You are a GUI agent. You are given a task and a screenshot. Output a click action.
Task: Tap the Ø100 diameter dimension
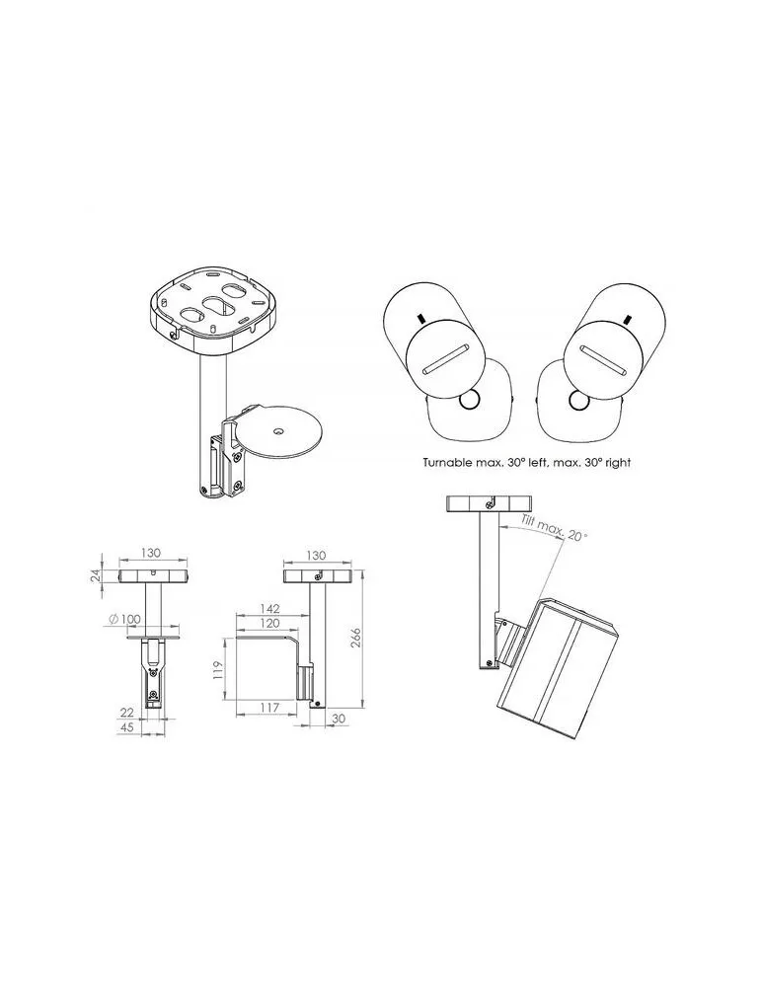tap(124, 619)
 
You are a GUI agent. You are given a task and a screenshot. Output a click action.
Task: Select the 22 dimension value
tap(127, 712)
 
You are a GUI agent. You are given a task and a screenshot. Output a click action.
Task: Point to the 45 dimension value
tap(127, 727)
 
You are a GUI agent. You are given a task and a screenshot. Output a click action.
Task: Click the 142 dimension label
tap(268, 609)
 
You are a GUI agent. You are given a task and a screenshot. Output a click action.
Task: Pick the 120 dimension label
tap(268, 623)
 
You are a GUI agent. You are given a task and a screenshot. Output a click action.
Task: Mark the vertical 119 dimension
tap(218, 669)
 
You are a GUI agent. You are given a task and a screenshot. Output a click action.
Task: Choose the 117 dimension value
tap(268, 708)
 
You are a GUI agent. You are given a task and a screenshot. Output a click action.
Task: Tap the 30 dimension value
tap(338, 719)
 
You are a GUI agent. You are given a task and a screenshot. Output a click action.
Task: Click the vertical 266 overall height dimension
tap(355, 641)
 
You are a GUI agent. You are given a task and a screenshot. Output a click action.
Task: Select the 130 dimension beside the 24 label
tap(150, 553)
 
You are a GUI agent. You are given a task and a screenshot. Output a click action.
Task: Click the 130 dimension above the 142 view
tap(315, 555)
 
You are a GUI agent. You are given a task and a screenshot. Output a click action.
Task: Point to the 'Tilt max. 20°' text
tap(555, 526)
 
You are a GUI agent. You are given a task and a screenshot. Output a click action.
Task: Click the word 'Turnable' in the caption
tap(447, 463)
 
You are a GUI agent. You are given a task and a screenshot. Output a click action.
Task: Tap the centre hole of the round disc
tap(278, 431)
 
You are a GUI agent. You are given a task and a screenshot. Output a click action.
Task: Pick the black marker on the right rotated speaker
tap(626, 319)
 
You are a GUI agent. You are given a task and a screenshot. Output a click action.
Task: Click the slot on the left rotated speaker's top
tap(445, 360)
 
